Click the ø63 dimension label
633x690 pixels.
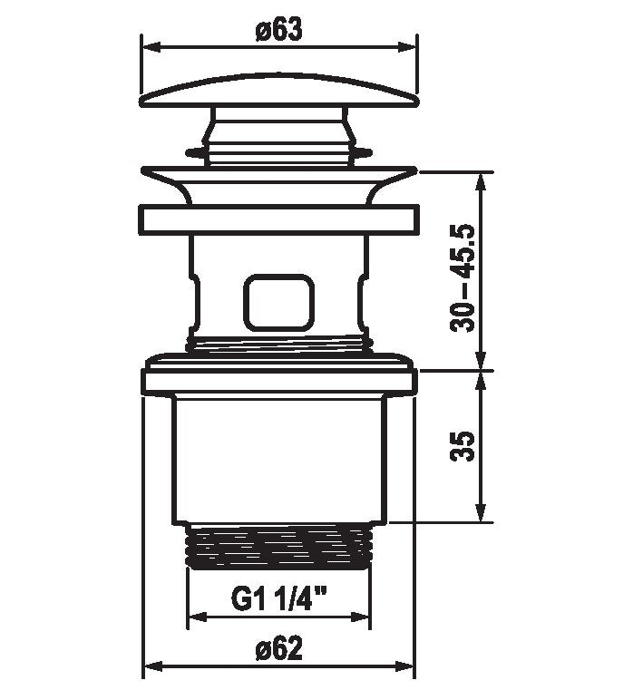(279, 30)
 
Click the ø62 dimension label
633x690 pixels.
(279, 648)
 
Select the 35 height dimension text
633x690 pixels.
(463, 446)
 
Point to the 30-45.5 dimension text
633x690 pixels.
(463, 278)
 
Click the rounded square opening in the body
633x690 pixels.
(279, 303)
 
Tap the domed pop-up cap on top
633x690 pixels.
(279, 91)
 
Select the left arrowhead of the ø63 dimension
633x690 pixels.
(151, 47)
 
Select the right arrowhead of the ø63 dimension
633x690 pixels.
(407, 47)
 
